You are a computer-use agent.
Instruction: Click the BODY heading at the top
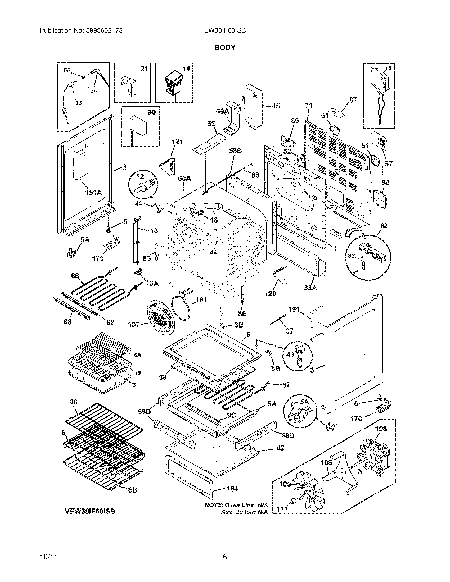(225, 47)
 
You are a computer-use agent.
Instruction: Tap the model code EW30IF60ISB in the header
(225, 31)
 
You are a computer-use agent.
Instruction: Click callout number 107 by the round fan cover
(134, 324)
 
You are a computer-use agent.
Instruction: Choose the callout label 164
(232, 489)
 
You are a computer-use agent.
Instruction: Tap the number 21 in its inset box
(144, 69)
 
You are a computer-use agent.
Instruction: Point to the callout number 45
(276, 106)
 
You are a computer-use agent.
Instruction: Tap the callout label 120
(270, 294)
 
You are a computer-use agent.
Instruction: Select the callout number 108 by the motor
(381, 429)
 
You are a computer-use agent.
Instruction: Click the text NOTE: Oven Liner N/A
(236, 505)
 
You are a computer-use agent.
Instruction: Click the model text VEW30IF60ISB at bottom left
(90, 511)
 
